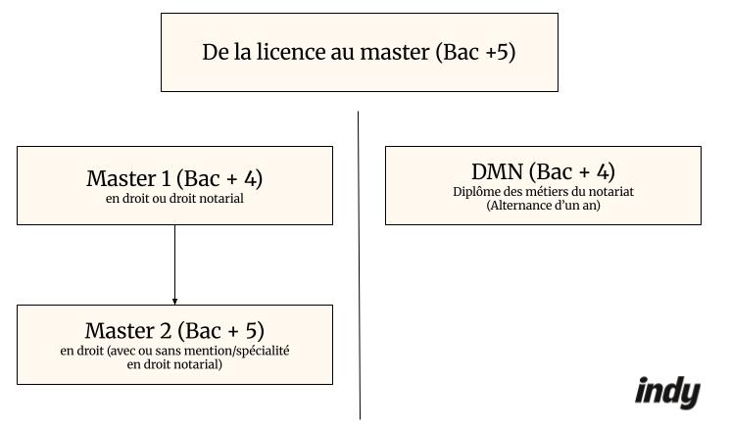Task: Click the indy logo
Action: [667, 392]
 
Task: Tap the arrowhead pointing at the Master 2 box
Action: [174, 301]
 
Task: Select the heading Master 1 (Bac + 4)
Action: [174, 178]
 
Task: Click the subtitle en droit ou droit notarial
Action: [174, 199]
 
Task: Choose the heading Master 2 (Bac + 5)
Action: [174, 331]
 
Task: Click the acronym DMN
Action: [497, 171]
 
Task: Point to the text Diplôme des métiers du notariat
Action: [543, 192]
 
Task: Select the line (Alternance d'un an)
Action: [543, 206]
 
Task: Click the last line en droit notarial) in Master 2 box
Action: [174, 364]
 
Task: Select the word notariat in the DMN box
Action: [609, 192]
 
